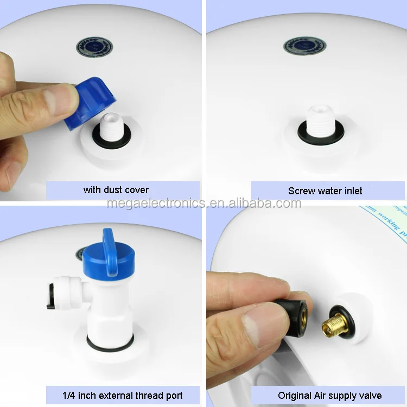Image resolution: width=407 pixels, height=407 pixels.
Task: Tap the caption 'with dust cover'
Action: pyautogui.click(x=116, y=190)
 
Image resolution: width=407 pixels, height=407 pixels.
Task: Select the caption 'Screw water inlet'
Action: pyautogui.click(x=325, y=190)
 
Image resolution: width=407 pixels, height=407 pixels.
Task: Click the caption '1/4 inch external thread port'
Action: pyautogui.click(x=122, y=395)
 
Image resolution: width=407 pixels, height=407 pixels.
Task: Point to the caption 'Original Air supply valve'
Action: pyautogui.click(x=329, y=395)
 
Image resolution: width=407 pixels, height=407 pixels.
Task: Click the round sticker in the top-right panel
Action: pyautogui.click(x=304, y=46)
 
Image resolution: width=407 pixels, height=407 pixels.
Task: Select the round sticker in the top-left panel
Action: pyautogui.click(x=94, y=47)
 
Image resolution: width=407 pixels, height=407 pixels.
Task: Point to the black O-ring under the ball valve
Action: pyautogui.click(x=110, y=343)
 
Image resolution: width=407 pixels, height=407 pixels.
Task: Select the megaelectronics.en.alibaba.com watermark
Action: pyautogui.click(x=203, y=203)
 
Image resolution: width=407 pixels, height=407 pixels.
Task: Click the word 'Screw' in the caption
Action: pyautogui.click(x=301, y=190)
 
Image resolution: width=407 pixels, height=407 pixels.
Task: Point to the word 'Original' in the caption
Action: pyautogui.click(x=296, y=395)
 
